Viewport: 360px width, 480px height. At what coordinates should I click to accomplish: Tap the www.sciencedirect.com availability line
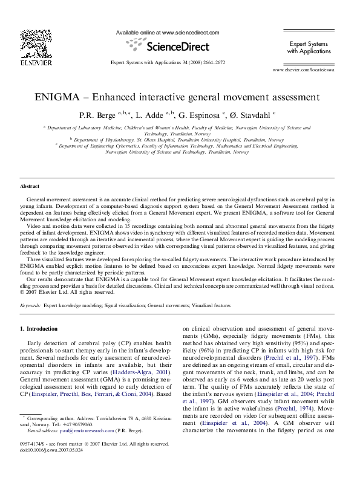click(167, 33)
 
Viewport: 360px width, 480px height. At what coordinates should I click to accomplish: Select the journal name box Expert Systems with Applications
click(309, 48)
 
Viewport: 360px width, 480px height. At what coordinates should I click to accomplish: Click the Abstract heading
click(30, 187)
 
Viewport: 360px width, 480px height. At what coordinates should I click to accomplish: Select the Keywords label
click(30, 306)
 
